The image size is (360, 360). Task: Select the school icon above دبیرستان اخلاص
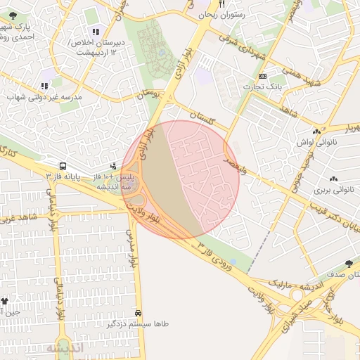[x=96, y=31]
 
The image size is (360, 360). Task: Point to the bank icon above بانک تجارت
[x=263, y=75]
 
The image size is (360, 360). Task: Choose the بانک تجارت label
[x=262, y=86]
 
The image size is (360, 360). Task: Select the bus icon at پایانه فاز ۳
[x=63, y=167]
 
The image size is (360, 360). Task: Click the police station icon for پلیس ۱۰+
[x=113, y=166]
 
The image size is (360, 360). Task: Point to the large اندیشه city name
[x=65, y=348]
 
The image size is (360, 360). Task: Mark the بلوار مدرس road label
[x=131, y=247]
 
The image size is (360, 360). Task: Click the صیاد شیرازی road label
[x=297, y=315]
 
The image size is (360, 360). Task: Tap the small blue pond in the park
[x=233, y=262]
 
